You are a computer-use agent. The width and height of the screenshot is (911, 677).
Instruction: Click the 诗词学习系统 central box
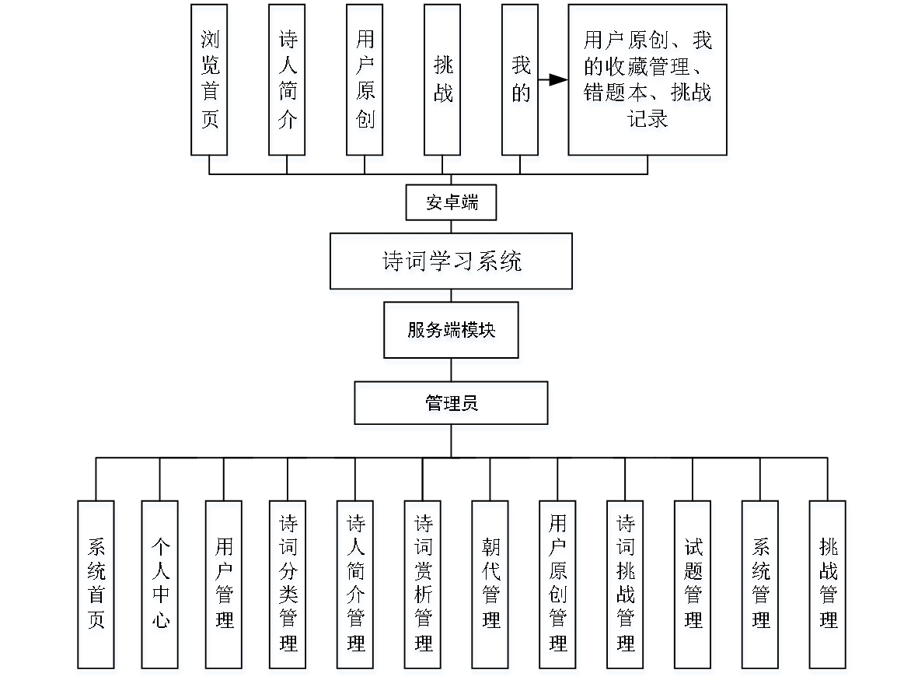[451, 261]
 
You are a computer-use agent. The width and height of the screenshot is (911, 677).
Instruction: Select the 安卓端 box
[451, 203]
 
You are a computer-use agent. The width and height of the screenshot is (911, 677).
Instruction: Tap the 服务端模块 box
[451, 330]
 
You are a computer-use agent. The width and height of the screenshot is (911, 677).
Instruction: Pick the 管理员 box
[451, 403]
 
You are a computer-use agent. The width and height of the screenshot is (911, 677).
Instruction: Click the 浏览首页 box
[209, 79]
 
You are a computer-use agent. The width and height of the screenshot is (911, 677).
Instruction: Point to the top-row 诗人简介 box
[287, 79]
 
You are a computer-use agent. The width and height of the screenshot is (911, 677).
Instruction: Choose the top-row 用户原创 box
[365, 79]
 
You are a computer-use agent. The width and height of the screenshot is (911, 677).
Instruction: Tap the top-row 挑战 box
[442, 79]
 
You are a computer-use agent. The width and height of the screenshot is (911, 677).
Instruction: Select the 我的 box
[520, 79]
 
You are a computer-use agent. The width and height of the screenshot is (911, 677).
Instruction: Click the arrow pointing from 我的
[553, 79]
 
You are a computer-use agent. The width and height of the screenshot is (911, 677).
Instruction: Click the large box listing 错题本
[647, 79]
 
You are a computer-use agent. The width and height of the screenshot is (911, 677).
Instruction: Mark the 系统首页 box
[96, 584]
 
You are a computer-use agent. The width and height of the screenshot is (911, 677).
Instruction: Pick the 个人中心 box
[159, 584]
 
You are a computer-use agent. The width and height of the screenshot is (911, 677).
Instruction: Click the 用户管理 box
[224, 584]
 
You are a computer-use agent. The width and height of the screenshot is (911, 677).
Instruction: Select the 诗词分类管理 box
[288, 584]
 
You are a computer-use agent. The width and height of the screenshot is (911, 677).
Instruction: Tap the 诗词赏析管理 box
[423, 584]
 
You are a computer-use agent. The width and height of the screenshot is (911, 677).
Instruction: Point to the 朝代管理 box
[490, 584]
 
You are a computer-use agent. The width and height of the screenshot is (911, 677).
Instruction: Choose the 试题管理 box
[693, 584]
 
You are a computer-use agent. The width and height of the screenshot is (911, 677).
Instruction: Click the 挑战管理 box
[828, 584]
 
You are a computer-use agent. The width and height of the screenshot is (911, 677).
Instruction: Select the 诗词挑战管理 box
[625, 584]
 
